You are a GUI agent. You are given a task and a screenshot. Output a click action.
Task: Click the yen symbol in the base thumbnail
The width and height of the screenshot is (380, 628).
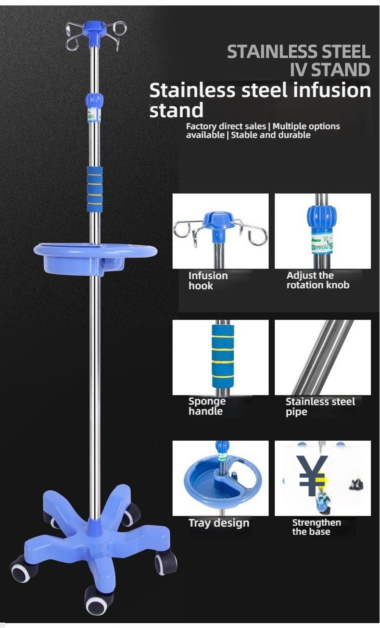[x=312, y=476]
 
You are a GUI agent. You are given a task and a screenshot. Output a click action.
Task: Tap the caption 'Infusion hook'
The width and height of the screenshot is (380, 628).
[x=208, y=281]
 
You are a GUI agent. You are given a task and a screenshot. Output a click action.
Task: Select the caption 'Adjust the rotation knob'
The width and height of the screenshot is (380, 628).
[x=317, y=280]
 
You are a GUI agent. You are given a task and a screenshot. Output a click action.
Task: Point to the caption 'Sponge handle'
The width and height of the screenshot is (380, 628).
[x=207, y=406]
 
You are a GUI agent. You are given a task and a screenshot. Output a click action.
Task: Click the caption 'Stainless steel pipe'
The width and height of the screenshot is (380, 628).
[x=320, y=406]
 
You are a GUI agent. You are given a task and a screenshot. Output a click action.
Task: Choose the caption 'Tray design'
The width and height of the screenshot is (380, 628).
[x=219, y=523]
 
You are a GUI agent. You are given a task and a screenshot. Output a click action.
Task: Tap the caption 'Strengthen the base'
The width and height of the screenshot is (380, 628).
[x=317, y=527]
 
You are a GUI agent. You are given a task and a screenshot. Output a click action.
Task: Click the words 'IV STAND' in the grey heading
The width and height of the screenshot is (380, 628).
[x=329, y=70]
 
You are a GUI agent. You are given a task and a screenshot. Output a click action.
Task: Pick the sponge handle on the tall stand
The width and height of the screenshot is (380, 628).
[x=95, y=189]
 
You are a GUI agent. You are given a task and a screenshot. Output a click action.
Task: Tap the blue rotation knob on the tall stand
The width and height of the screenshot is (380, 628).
[x=94, y=100]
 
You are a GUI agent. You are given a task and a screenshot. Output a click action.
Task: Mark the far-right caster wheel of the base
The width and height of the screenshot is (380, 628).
[x=166, y=562]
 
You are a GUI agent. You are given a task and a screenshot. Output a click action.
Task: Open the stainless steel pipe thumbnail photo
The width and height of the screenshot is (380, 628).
[x=322, y=357]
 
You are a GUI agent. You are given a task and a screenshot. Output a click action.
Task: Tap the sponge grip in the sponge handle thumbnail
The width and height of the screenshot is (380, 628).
[x=223, y=356]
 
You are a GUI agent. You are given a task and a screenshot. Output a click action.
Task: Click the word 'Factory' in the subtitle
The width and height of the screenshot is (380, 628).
[x=201, y=126]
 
